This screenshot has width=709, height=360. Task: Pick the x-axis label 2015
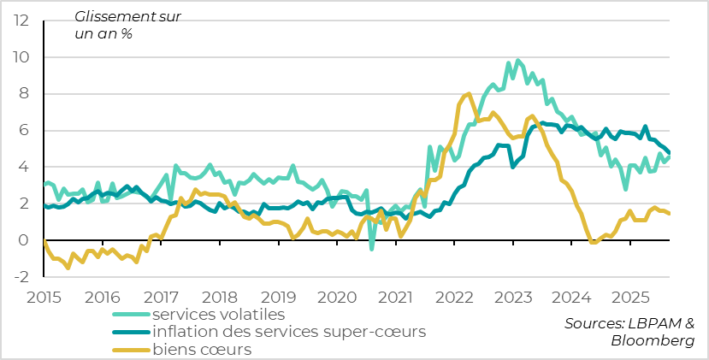pos(44,298)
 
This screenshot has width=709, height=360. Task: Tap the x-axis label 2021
pos(394,298)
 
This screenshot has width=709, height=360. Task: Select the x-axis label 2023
pos(511,298)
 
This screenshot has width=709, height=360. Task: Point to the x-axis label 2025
pos(629,298)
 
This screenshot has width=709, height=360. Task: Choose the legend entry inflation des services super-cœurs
pos(288,332)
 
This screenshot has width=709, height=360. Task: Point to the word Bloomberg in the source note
pos(653,340)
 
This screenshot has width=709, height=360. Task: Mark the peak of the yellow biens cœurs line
pos(467,94)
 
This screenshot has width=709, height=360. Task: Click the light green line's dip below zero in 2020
pos(371,249)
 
